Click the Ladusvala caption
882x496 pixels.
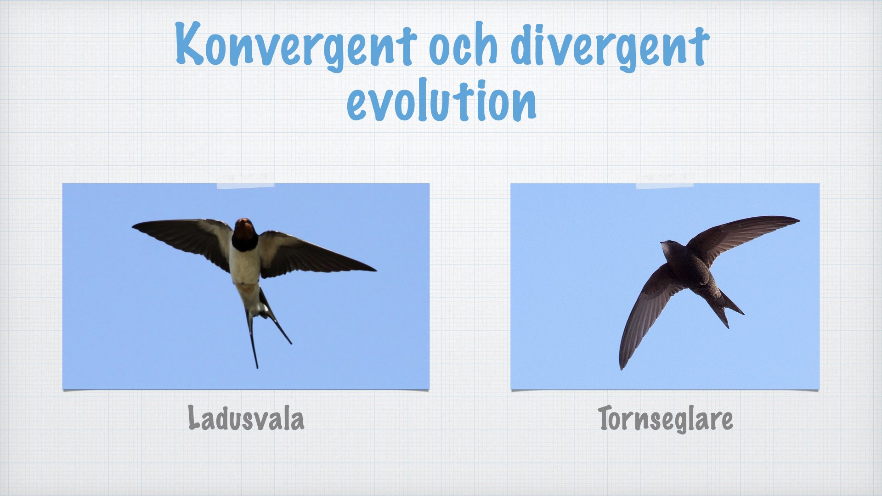(x=246, y=418)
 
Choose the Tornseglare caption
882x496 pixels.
(x=666, y=419)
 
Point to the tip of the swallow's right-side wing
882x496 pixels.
(x=375, y=270)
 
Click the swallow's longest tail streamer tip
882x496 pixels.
(x=256, y=367)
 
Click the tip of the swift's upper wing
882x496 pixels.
(x=798, y=220)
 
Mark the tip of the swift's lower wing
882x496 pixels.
(x=622, y=367)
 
